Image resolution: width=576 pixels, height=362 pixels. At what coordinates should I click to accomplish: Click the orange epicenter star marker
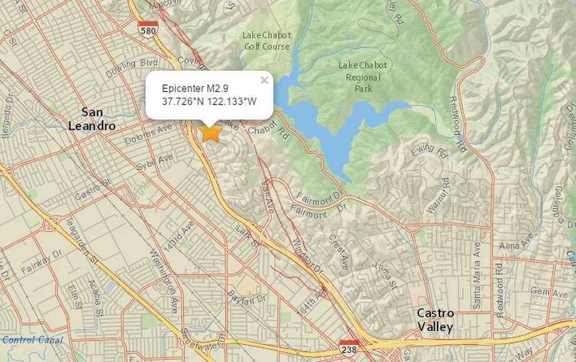211,132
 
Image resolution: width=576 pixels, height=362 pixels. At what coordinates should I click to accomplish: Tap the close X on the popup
264,80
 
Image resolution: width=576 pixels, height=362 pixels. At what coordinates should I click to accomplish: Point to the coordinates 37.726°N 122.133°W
208,101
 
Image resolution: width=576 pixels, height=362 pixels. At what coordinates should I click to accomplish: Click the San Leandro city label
91,118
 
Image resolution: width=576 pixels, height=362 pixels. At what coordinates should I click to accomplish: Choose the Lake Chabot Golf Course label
266,41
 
